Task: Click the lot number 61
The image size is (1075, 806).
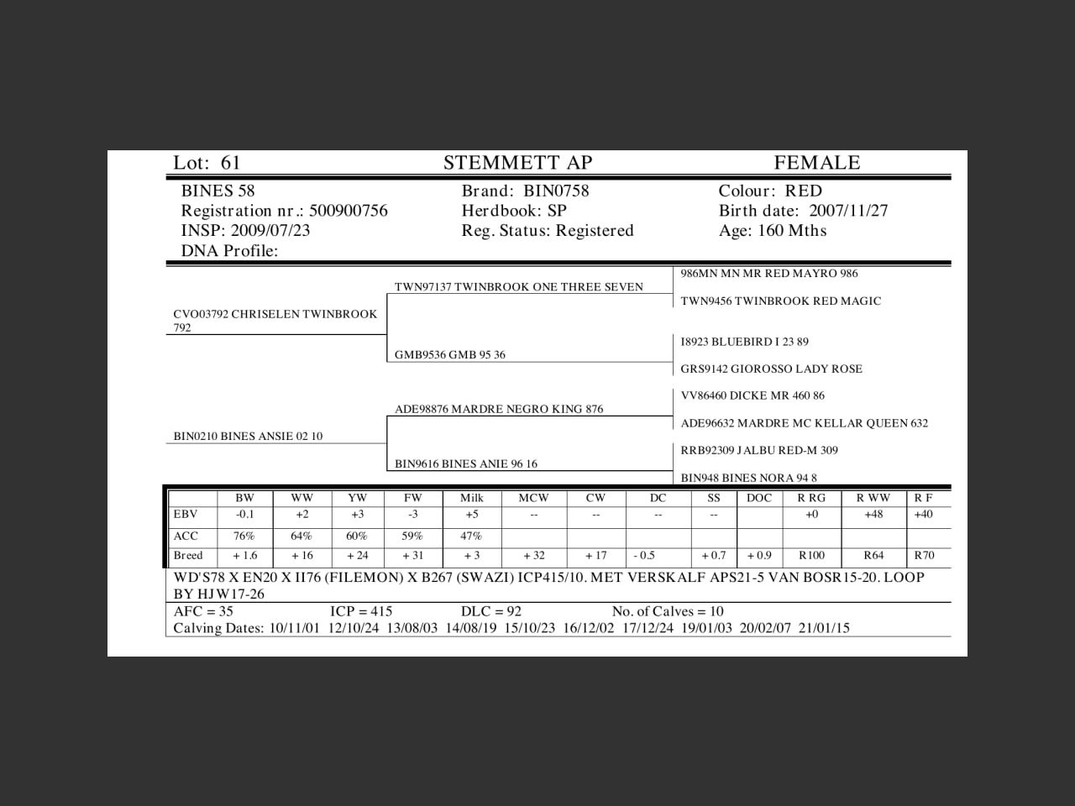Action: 231,163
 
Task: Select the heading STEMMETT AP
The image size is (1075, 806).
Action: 517,163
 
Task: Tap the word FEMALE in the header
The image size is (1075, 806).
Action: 816,163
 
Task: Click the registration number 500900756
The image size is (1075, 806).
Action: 349,211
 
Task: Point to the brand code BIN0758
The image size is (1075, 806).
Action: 556,191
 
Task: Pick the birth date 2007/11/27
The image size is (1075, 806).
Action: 848,211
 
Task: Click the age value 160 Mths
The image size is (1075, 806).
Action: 792,231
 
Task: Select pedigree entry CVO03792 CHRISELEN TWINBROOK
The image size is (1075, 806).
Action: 275,315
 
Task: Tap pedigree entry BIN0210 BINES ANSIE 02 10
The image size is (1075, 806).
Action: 248,437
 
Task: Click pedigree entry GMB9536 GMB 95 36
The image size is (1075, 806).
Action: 450,355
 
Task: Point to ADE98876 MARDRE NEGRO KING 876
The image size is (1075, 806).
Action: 499,410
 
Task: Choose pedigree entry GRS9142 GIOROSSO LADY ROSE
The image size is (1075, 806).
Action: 771,369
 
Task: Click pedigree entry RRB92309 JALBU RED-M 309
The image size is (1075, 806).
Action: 759,450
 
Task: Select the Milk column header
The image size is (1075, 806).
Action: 471,498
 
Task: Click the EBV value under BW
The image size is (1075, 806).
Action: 244,515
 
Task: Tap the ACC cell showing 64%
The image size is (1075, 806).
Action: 301,536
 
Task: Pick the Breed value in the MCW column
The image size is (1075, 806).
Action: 533,556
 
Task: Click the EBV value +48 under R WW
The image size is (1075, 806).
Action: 873,515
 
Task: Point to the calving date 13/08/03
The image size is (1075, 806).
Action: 412,628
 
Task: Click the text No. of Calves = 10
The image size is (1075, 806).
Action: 668,611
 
